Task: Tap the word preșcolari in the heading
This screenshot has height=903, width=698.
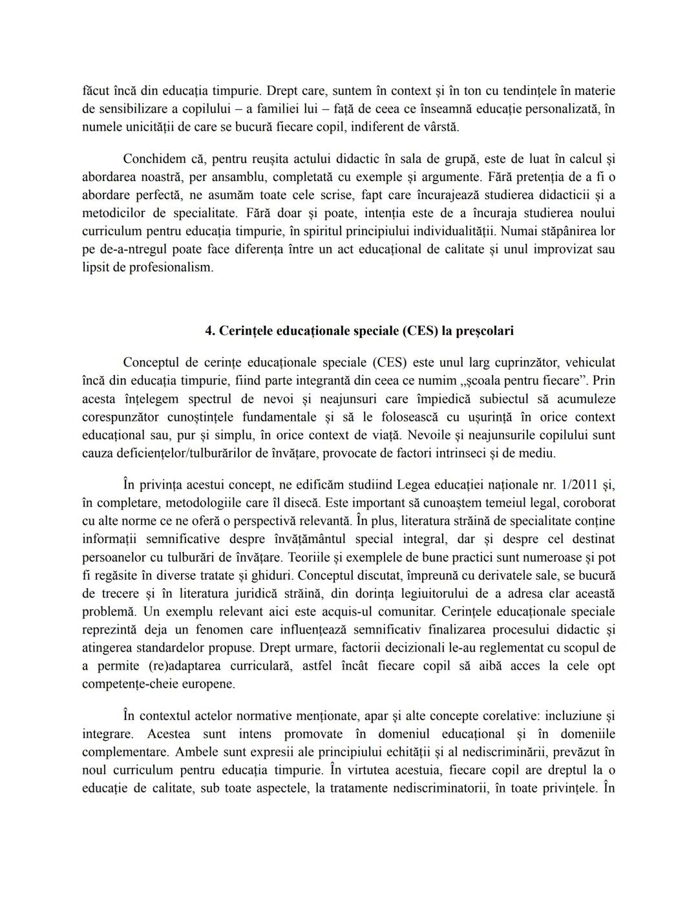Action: point(485,331)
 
